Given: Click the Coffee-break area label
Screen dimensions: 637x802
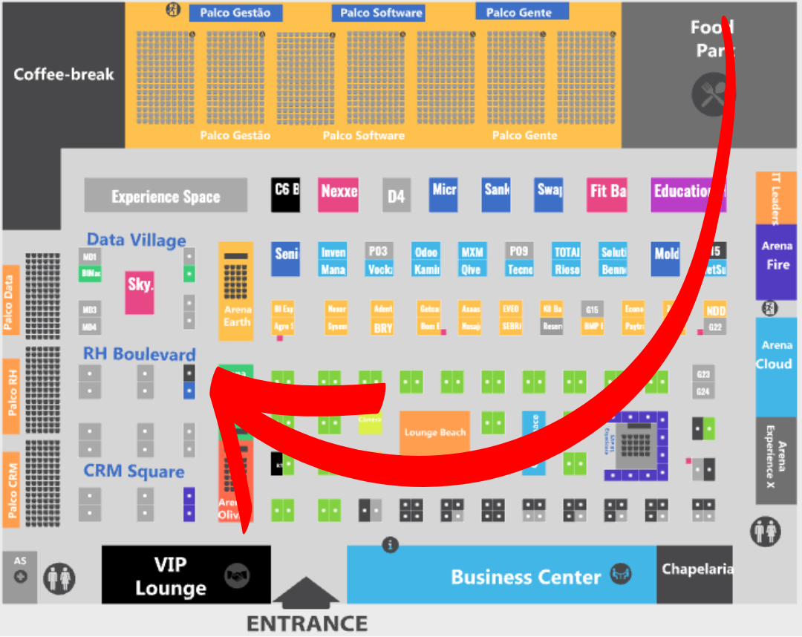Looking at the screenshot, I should (x=64, y=74).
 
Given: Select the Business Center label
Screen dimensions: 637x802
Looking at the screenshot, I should (x=526, y=577).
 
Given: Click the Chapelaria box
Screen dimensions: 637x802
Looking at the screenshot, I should (x=696, y=570).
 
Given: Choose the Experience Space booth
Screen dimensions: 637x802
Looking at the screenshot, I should (x=166, y=196).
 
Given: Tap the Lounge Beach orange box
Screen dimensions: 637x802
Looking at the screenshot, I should (x=435, y=432).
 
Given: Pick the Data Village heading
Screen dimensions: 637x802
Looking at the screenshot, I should (x=136, y=240).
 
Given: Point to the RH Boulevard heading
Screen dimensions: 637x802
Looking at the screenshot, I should (x=139, y=354).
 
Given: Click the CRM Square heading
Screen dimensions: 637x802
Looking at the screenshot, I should (x=134, y=471).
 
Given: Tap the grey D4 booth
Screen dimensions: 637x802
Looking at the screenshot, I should (x=397, y=196).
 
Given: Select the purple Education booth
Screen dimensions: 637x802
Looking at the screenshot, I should (x=688, y=193).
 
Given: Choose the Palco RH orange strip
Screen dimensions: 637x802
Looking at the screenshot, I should (x=11, y=396).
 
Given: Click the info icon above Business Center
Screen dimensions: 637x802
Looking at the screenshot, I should (x=390, y=546).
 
